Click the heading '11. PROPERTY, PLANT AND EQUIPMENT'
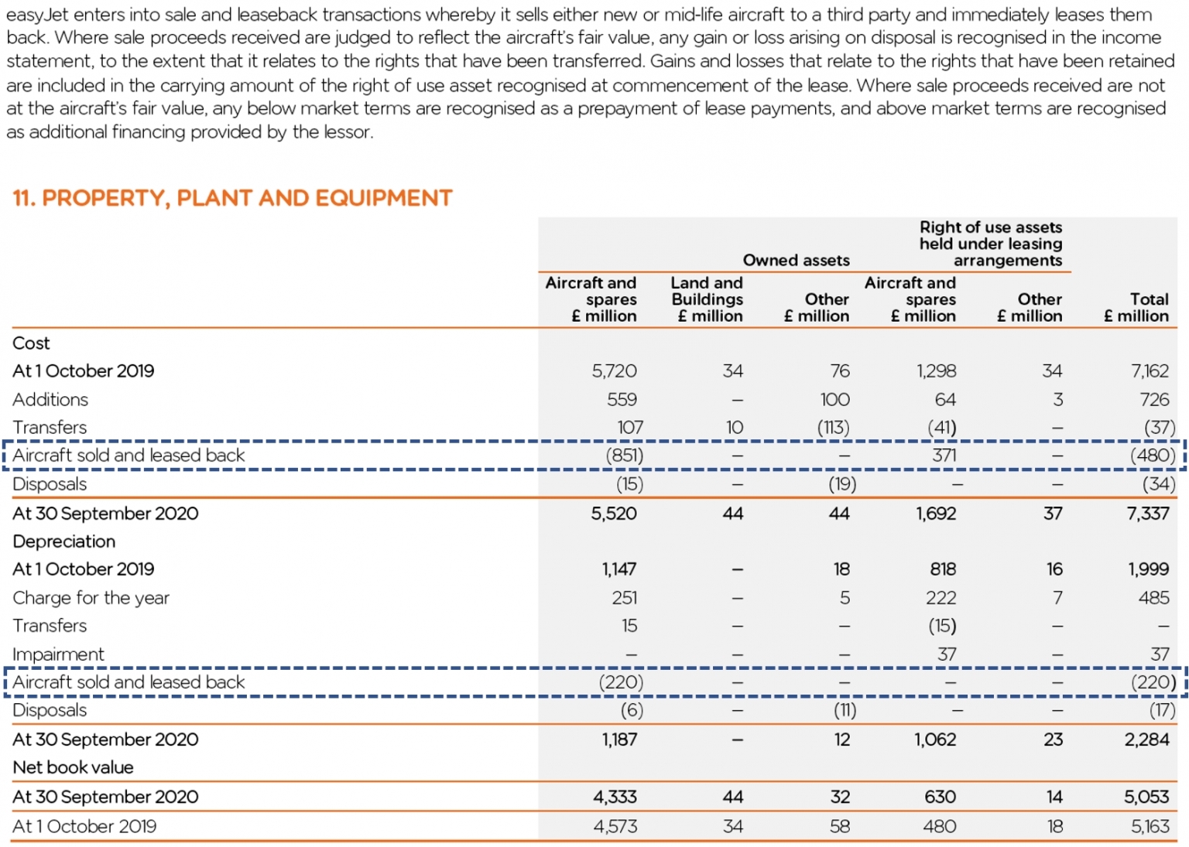click(x=232, y=198)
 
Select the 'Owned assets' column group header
click(x=796, y=260)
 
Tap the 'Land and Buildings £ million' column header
click(x=707, y=299)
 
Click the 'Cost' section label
click(x=31, y=343)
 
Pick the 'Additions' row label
click(x=50, y=399)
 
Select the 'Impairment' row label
click(x=58, y=654)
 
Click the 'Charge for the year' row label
click(x=91, y=597)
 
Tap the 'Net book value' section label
click(x=73, y=767)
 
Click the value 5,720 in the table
click(x=614, y=371)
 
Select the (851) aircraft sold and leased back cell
click(x=624, y=455)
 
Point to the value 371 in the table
click(x=944, y=455)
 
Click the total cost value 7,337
click(x=1147, y=513)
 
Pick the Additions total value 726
click(x=1153, y=399)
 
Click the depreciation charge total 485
click(x=1153, y=597)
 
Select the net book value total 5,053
click(x=1147, y=797)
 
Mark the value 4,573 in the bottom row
click(x=615, y=826)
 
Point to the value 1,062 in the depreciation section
click(x=935, y=739)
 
